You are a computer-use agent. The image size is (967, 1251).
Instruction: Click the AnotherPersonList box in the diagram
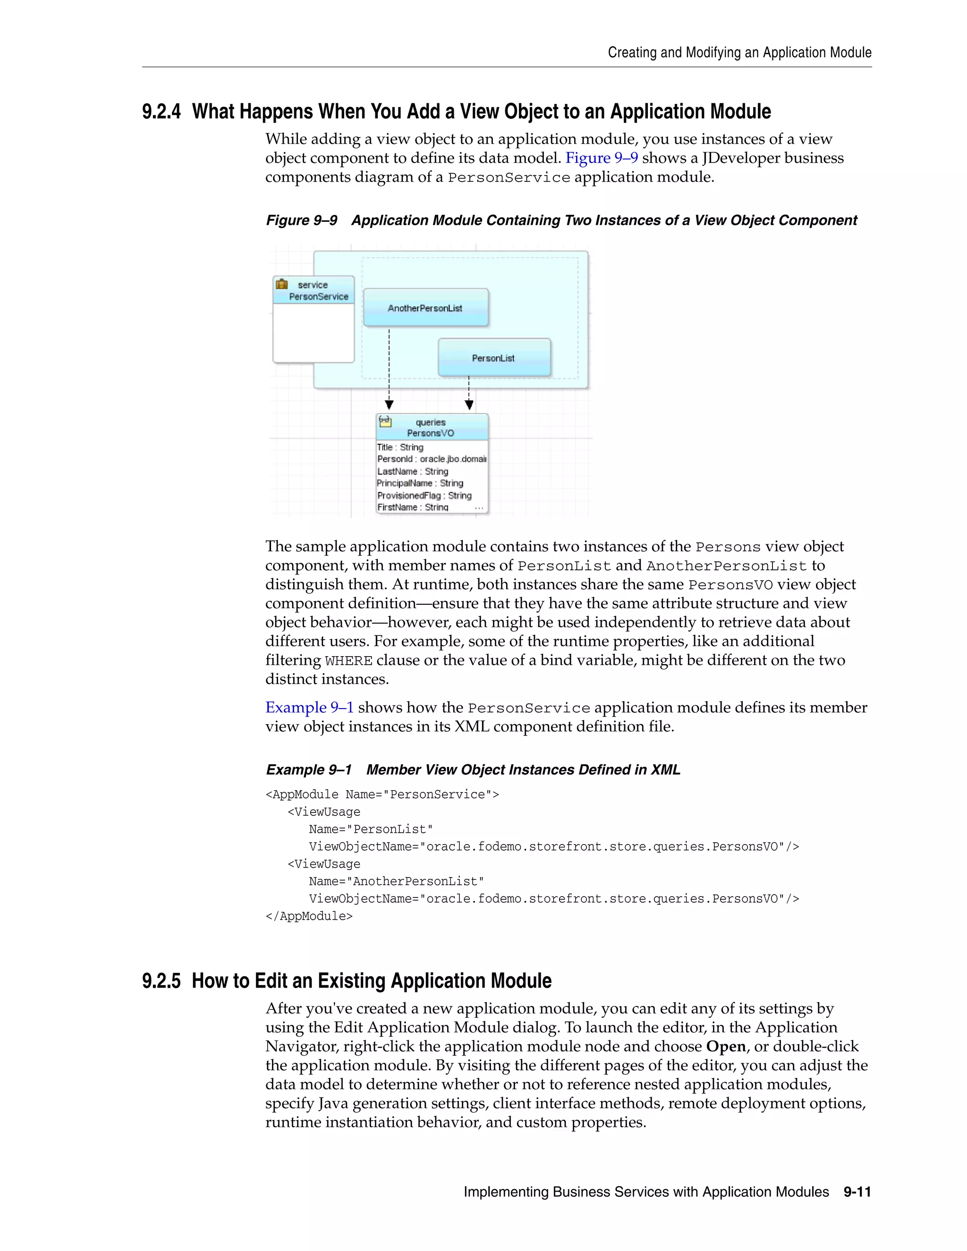point(425,308)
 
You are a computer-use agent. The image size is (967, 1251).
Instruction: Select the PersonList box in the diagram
point(494,357)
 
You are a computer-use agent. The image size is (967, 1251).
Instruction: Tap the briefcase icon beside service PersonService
point(282,284)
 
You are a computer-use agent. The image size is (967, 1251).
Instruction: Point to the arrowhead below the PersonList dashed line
point(469,405)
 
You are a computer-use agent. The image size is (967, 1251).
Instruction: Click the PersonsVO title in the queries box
point(430,433)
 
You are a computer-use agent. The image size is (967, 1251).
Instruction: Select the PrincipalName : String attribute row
point(420,483)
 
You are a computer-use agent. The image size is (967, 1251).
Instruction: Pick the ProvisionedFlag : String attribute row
point(424,496)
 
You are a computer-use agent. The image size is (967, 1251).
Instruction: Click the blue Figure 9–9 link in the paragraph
point(602,158)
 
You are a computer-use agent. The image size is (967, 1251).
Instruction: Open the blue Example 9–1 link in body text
point(309,708)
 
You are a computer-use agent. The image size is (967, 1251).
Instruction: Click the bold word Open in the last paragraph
point(726,1047)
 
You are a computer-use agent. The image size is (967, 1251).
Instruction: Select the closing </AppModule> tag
point(309,916)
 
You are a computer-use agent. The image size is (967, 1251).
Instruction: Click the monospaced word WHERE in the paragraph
point(349,661)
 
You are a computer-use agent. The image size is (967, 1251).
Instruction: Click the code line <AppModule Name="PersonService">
point(382,795)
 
